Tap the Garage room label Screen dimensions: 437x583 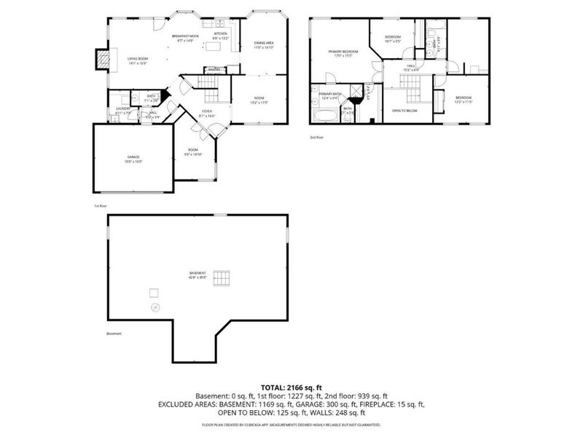pos(133,159)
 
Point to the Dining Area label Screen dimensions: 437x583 pos(264,45)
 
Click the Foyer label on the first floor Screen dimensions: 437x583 pos(207,113)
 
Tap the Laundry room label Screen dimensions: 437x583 pos(122,111)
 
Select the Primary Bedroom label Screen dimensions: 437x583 pos(343,53)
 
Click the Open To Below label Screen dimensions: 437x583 pos(404,111)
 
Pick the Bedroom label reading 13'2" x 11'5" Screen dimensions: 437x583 pos(464,99)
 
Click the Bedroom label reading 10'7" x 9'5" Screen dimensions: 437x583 pos(393,39)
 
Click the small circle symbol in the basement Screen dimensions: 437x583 pos(155,308)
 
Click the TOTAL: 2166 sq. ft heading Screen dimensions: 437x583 pos(291,387)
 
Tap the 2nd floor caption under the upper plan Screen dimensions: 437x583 pos(316,137)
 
